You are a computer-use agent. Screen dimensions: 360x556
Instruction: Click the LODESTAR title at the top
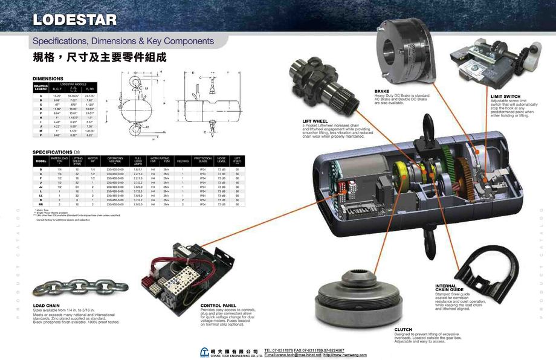(x=74, y=19)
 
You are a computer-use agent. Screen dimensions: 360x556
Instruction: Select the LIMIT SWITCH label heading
(x=505, y=96)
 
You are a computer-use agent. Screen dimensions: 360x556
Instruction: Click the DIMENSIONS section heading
(x=48, y=79)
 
